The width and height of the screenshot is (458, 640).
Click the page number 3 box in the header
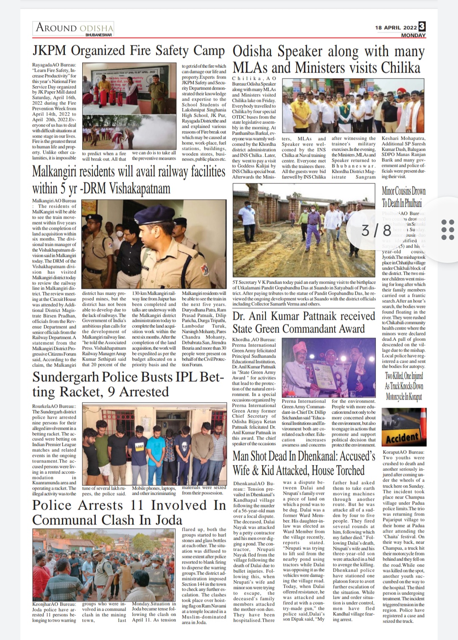(x=422, y=26)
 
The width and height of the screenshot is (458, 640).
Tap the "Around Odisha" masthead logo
(x=75, y=28)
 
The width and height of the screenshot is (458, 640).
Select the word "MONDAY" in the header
(x=413, y=35)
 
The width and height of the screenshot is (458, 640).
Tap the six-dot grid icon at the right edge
(x=448, y=230)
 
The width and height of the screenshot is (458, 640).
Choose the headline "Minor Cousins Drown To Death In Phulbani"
(x=403, y=196)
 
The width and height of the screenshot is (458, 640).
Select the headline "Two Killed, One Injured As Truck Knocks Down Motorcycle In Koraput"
(x=404, y=386)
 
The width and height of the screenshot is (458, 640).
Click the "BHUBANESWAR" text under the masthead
(x=98, y=35)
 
